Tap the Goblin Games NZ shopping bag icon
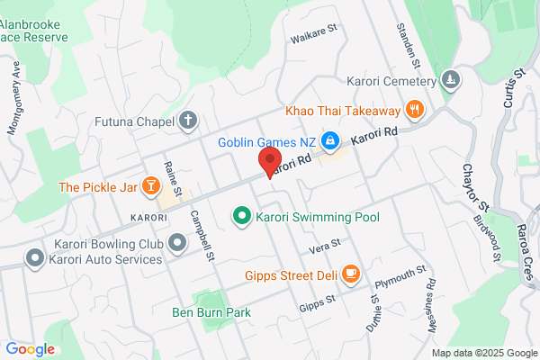tap(330, 140)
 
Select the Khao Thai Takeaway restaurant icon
tap(415, 110)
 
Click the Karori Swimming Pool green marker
tap(241, 217)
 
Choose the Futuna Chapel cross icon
tap(188, 120)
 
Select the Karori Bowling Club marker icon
tap(177, 242)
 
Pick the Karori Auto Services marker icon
tap(35, 259)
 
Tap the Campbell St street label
tap(201, 236)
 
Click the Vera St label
tap(325, 244)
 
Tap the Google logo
tap(30, 349)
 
